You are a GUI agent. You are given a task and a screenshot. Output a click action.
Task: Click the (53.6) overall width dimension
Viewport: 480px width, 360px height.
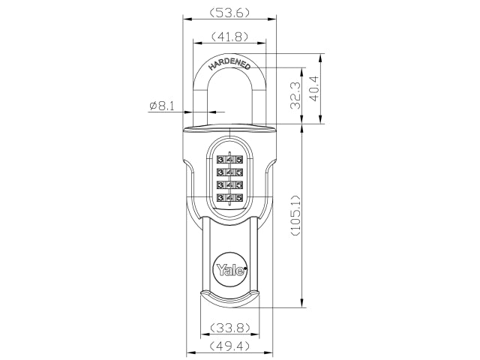229,13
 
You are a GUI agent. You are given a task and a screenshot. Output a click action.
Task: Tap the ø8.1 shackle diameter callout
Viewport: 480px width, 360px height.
162,106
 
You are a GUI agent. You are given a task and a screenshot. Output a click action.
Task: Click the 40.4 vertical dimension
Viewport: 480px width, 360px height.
315,88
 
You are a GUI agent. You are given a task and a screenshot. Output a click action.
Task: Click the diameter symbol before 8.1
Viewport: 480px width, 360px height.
152,106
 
